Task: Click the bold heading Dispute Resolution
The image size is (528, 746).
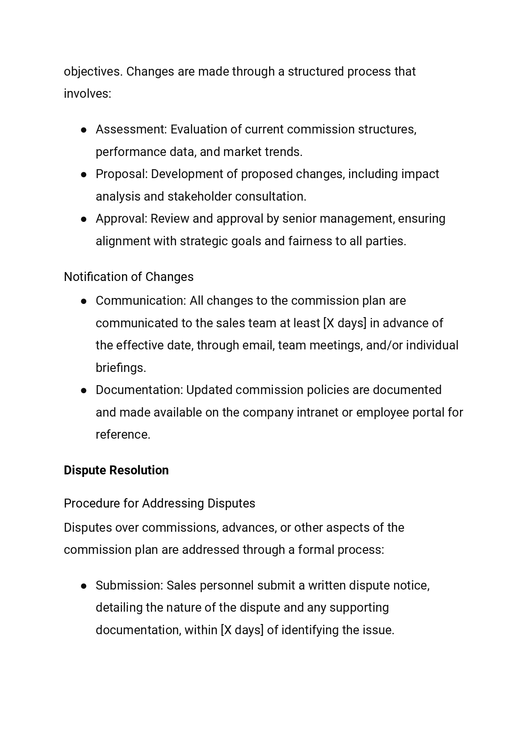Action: (116, 470)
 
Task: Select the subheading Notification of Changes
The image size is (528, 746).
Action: (128, 277)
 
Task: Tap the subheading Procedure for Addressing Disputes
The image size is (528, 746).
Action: (159, 503)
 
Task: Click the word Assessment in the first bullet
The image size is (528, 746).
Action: (131, 129)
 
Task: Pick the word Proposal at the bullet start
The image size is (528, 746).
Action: (121, 174)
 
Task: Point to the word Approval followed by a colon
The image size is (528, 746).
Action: (121, 218)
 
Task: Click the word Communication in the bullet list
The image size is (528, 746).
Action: (140, 301)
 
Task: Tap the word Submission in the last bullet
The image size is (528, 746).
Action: (129, 585)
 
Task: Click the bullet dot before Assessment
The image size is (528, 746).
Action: (84, 130)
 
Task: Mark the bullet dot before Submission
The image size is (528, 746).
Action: (84, 586)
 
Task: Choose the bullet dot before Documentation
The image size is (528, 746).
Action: (84, 390)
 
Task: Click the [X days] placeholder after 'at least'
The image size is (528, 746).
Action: (345, 323)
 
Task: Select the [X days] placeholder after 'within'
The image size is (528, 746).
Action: (242, 630)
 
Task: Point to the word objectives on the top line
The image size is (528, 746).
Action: (93, 71)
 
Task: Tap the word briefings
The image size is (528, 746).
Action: (120, 368)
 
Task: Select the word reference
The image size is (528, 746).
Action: (122, 434)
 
